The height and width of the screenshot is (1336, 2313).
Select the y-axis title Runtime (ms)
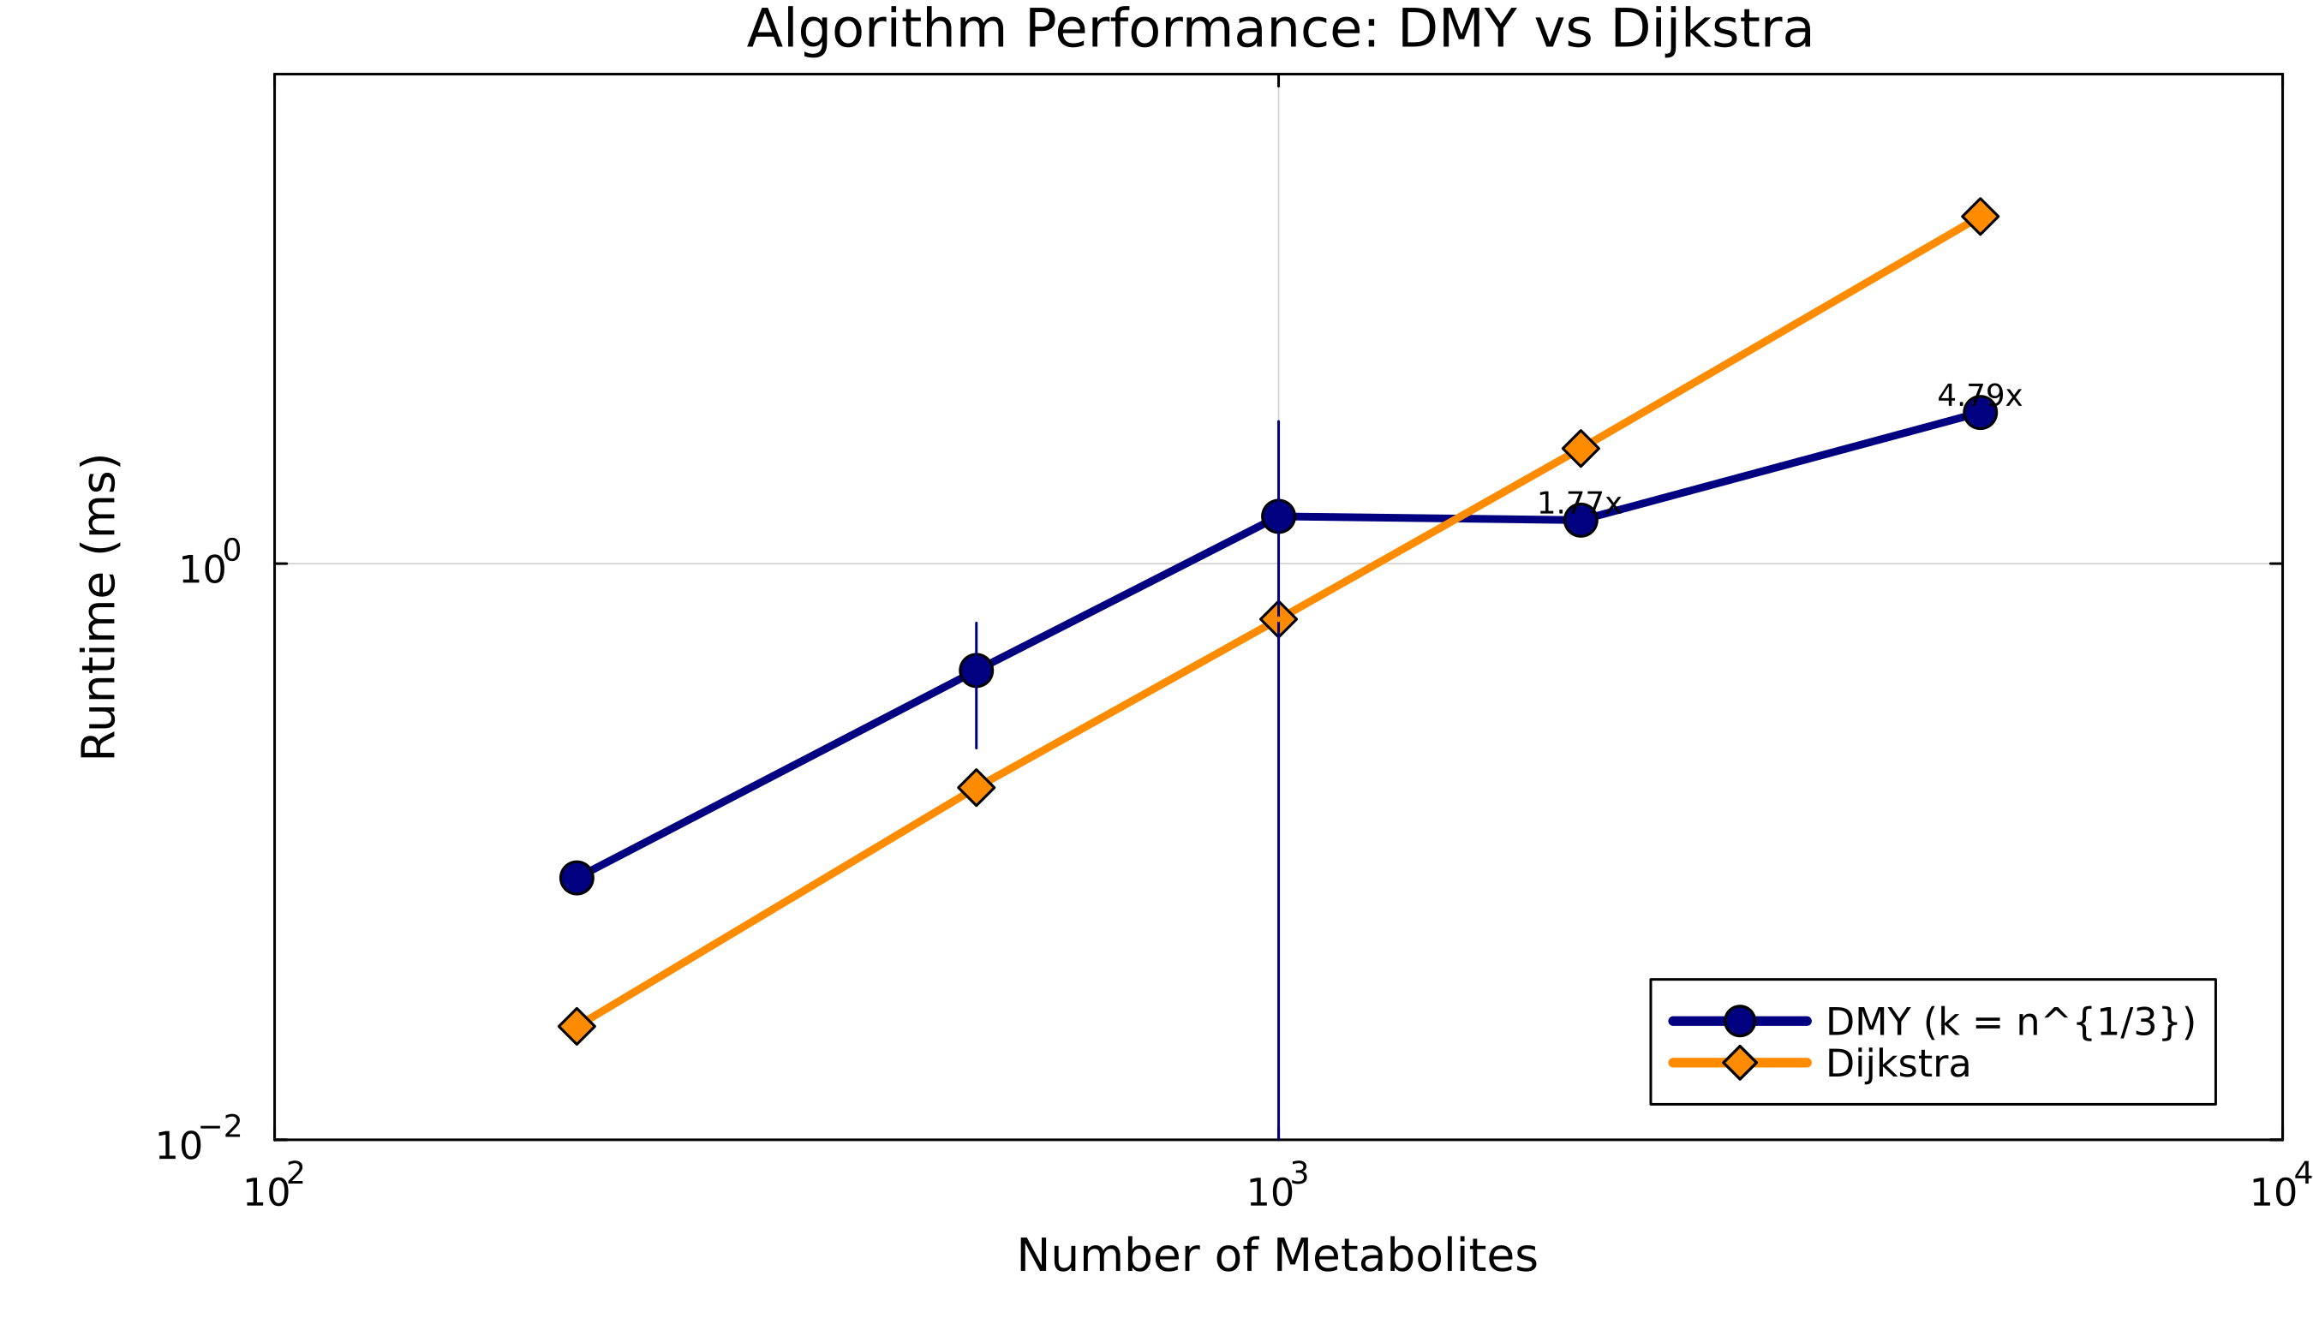coord(99,606)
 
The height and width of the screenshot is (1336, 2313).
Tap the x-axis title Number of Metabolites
coord(1276,1255)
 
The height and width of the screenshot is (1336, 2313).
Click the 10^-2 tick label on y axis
coord(198,1143)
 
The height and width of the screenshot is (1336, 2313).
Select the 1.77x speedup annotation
coord(1579,503)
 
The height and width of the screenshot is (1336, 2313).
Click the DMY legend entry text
coord(2010,1021)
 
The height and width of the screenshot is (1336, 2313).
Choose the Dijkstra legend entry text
coord(1898,1064)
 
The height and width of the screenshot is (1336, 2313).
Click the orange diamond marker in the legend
coord(1739,1063)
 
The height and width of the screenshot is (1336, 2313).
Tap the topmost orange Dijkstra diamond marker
coord(1980,217)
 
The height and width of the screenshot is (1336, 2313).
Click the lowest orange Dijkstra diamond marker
coord(577,1026)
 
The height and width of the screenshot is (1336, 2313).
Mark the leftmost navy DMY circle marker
coord(577,878)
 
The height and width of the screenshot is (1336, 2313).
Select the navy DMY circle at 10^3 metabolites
coord(1278,516)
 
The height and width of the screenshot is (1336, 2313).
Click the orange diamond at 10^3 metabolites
coord(1278,619)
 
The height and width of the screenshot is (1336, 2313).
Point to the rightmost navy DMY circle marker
coord(1980,413)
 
